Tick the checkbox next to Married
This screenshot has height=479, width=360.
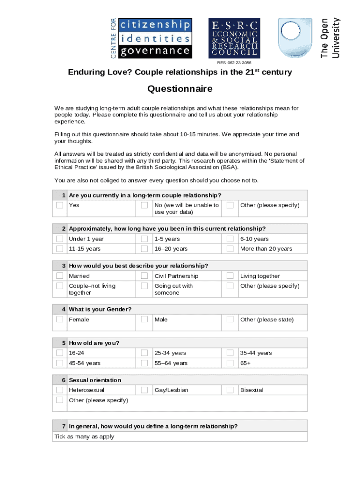pos(60,276)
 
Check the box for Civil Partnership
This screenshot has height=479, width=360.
pos(144,276)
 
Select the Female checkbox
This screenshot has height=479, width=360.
pos(60,319)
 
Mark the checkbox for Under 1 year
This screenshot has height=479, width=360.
pos(60,239)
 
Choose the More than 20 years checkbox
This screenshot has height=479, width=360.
pos(230,248)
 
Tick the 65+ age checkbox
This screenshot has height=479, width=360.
pos(230,363)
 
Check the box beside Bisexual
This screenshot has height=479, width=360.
pos(230,390)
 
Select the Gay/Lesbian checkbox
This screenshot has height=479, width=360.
pos(144,390)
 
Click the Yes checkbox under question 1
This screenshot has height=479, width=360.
pos(60,205)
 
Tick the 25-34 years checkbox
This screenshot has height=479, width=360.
pos(144,353)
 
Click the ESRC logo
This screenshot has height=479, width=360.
pos(234,38)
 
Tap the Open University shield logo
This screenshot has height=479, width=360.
pos(295,38)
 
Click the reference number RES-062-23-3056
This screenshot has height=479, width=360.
pos(234,63)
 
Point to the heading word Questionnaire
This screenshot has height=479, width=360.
pos(180,89)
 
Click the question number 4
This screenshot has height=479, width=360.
pos(64,309)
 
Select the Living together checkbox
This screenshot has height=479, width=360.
pos(230,276)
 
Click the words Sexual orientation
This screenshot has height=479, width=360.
pos(95,380)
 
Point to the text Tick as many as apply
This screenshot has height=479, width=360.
pos(84,436)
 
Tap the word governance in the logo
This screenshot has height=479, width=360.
pos(155,51)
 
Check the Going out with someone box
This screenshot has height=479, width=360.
pos(144,285)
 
